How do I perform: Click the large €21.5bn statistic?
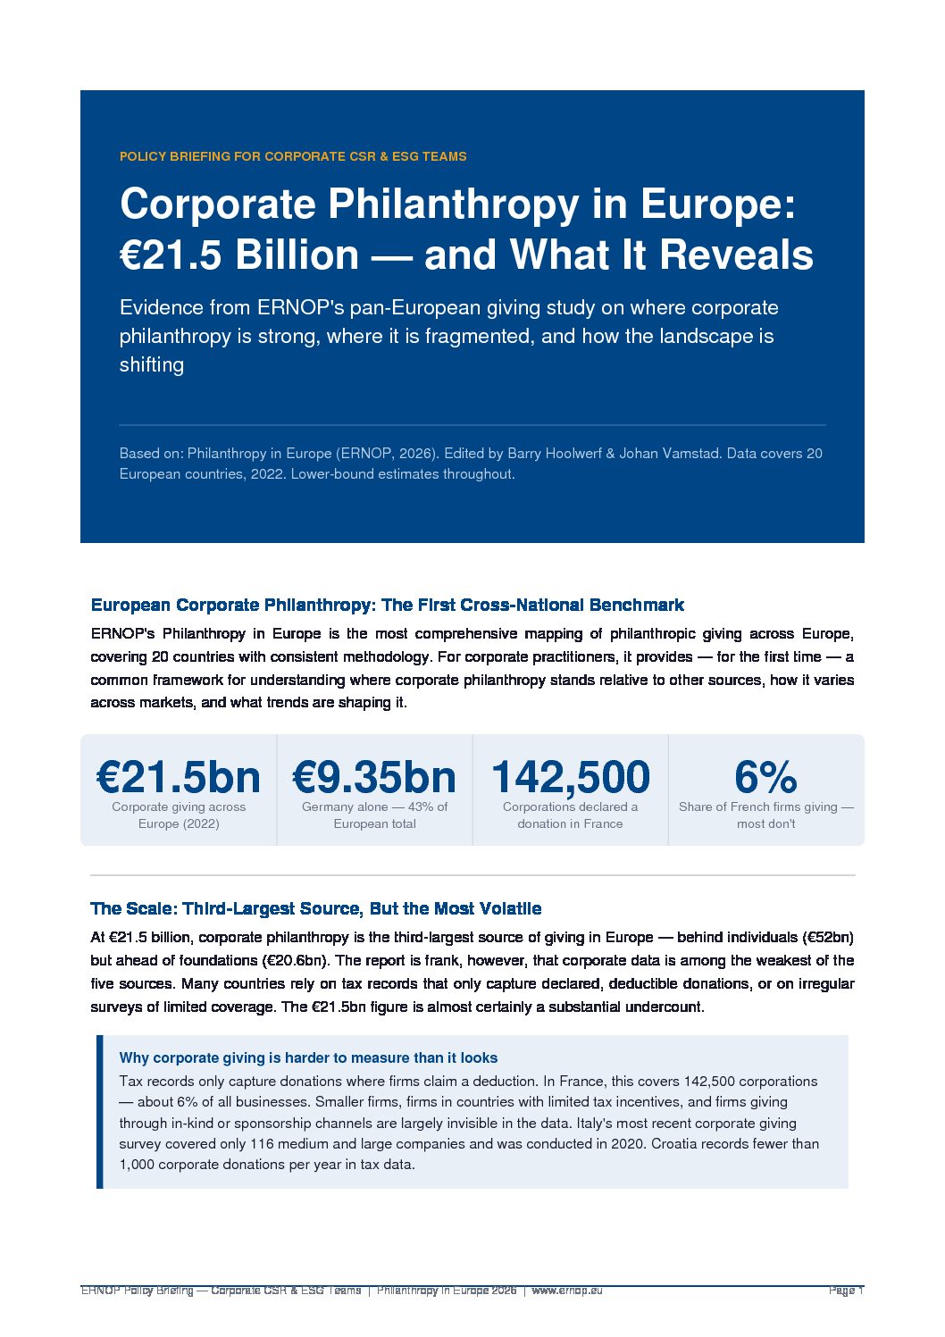179,777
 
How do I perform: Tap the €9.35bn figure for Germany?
374,777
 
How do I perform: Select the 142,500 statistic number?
570,777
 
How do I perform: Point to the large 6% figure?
765,777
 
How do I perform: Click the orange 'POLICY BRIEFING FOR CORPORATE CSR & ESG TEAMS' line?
293,156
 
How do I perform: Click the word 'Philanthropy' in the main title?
454,205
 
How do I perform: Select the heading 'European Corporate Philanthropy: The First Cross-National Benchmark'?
388,605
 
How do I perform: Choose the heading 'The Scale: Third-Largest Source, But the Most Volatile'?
316,908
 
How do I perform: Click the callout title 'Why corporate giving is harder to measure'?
308,1057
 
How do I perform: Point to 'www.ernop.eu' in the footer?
567,1291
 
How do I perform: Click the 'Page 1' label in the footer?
845,1291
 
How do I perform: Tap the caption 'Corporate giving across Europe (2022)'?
179,815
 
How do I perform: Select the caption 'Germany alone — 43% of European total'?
374,815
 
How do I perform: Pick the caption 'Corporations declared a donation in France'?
570,815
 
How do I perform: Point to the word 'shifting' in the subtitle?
152,364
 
